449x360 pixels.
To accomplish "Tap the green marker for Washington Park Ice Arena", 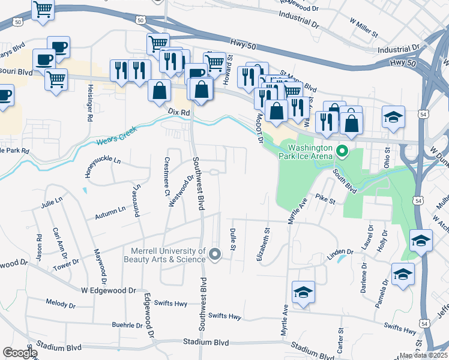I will coord(342,150).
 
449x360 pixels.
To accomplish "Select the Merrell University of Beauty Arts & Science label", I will coord(164,255).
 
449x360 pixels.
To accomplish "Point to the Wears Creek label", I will coord(116,138).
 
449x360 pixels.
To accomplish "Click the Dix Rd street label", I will coord(179,112).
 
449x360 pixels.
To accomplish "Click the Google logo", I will coord(20,353).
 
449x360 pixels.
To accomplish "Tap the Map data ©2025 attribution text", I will coord(424,355).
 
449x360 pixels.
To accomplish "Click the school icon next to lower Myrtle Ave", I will coord(303,292).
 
